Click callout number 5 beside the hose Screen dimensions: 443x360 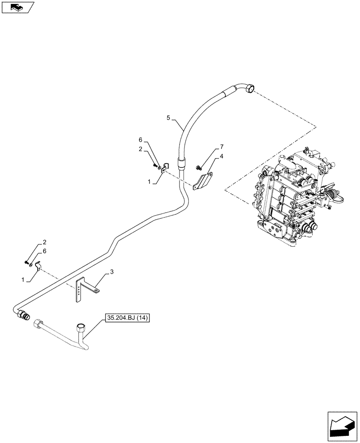[x=168, y=118]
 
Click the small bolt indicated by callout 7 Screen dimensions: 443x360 [x=199, y=167]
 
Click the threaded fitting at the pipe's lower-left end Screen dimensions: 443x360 [x=23, y=315]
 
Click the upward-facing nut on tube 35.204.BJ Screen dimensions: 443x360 [x=81, y=327]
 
